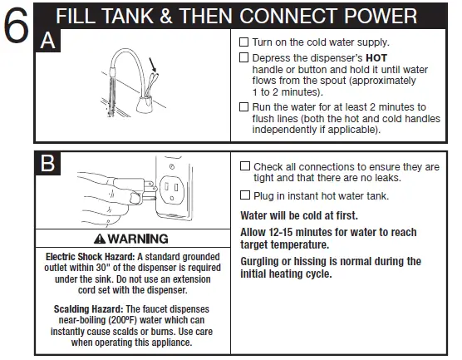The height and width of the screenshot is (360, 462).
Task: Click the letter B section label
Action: point(49,165)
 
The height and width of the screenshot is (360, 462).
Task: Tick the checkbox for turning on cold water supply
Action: point(243,42)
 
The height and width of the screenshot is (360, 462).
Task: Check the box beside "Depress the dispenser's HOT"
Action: point(243,57)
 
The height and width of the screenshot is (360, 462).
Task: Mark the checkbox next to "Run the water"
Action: point(243,107)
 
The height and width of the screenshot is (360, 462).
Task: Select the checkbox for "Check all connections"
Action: point(244,166)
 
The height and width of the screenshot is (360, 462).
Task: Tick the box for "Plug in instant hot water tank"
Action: point(244,195)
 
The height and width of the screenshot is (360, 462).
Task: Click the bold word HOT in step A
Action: point(378,58)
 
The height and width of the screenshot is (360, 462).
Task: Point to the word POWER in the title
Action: point(372,16)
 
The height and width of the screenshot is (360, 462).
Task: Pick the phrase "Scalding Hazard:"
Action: point(82,308)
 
